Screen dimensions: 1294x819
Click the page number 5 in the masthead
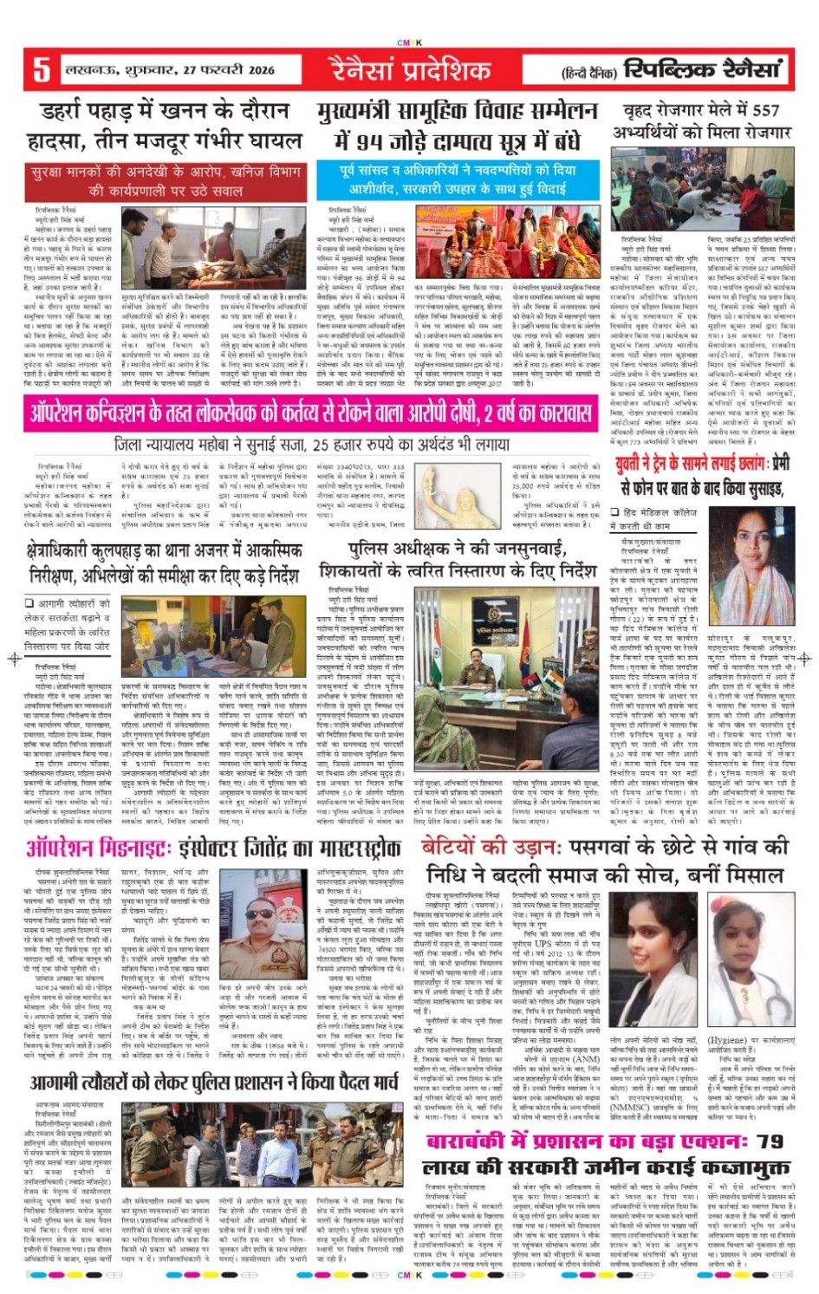point(40,68)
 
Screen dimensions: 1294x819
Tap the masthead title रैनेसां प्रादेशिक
point(410,68)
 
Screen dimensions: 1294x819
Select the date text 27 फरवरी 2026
point(220,69)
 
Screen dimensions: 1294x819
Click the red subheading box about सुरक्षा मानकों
point(166,181)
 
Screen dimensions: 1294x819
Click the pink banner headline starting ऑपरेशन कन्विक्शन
point(311,413)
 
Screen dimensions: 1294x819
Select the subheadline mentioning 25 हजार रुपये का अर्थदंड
point(312,445)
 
